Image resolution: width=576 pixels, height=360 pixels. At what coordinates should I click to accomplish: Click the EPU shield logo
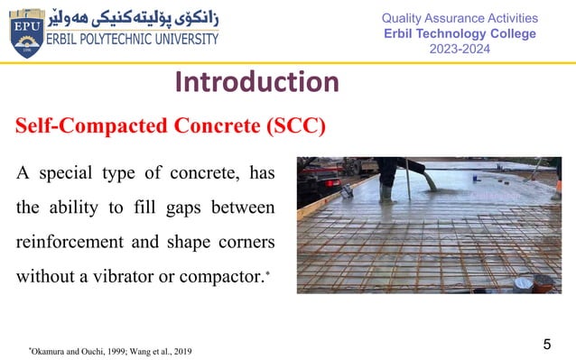pyautogui.click(x=25, y=33)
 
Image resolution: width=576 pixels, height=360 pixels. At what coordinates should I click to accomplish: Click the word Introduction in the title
pyautogui.click(x=257, y=83)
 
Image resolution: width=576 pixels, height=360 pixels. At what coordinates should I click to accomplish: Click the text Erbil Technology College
pyautogui.click(x=460, y=33)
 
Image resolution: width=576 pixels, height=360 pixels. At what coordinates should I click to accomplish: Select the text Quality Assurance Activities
pyautogui.click(x=460, y=18)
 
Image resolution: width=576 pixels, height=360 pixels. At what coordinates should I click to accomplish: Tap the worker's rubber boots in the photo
pyautogui.click(x=386, y=193)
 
